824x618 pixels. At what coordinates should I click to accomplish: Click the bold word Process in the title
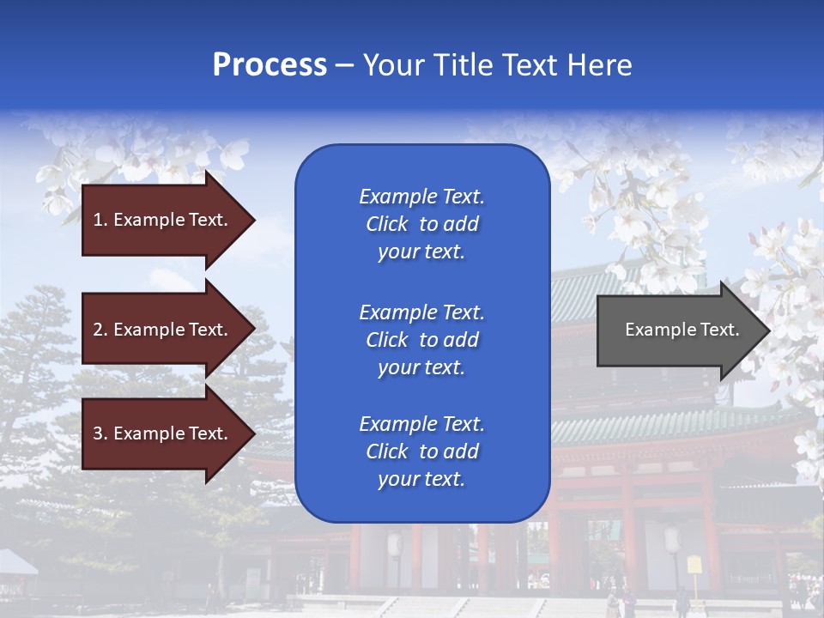click(x=270, y=65)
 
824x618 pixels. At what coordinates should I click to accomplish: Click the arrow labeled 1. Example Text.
click(x=163, y=220)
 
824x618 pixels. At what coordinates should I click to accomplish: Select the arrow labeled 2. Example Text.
click(x=163, y=330)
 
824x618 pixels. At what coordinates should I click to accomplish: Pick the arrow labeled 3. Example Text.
click(x=163, y=433)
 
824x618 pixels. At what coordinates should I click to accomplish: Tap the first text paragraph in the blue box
click(x=421, y=224)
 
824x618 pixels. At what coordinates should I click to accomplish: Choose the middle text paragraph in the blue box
click(x=421, y=340)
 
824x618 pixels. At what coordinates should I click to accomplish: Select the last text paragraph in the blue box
click(x=421, y=451)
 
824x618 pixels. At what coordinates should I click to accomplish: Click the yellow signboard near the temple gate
click(x=694, y=565)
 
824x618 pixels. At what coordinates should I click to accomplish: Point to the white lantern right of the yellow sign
click(x=672, y=540)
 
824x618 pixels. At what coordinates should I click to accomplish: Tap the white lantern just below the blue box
click(x=395, y=544)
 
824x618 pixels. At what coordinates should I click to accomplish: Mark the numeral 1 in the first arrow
click(x=98, y=220)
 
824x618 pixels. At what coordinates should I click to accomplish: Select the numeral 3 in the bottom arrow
click(x=98, y=433)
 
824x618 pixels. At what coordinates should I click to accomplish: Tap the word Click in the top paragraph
click(x=387, y=224)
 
